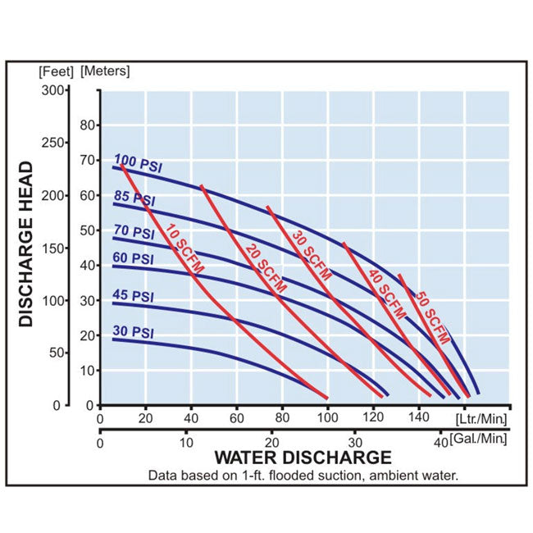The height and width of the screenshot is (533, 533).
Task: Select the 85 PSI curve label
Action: (x=133, y=199)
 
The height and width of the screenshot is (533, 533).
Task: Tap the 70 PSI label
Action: (x=133, y=233)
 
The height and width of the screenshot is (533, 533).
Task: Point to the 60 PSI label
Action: (x=133, y=258)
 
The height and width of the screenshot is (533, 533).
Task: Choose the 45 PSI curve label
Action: (x=133, y=295)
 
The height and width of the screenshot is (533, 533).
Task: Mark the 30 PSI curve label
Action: (x=133, y=332)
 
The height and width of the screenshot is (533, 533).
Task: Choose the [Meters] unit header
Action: (x=104, y=70)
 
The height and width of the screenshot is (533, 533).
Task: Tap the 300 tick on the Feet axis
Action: (x=53, y=89)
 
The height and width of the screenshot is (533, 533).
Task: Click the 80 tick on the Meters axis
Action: (x=89, y=125)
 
